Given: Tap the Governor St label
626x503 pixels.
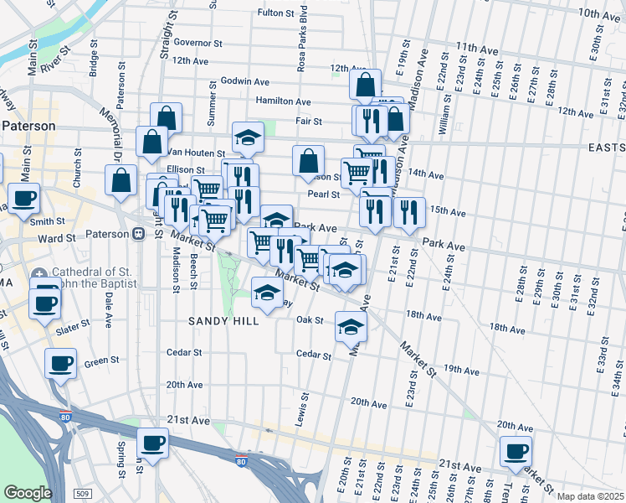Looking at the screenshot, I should click(x=198, y=42).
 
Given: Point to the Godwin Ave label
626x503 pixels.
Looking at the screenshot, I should click(x=244, y=81).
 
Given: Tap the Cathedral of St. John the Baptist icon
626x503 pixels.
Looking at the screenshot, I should click(x=40, y=274).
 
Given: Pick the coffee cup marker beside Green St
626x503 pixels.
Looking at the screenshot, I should click(x=61, y=364).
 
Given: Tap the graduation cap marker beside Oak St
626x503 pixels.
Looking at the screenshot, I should click(x=351, y=327).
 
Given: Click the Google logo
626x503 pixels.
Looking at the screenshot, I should click(x=27, y=493).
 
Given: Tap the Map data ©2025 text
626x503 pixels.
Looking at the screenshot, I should click(x=591, y=496).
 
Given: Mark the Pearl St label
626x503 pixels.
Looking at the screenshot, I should click(x=322, y=194).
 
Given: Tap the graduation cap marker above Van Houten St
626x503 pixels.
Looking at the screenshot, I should click(x=248, y=137).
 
